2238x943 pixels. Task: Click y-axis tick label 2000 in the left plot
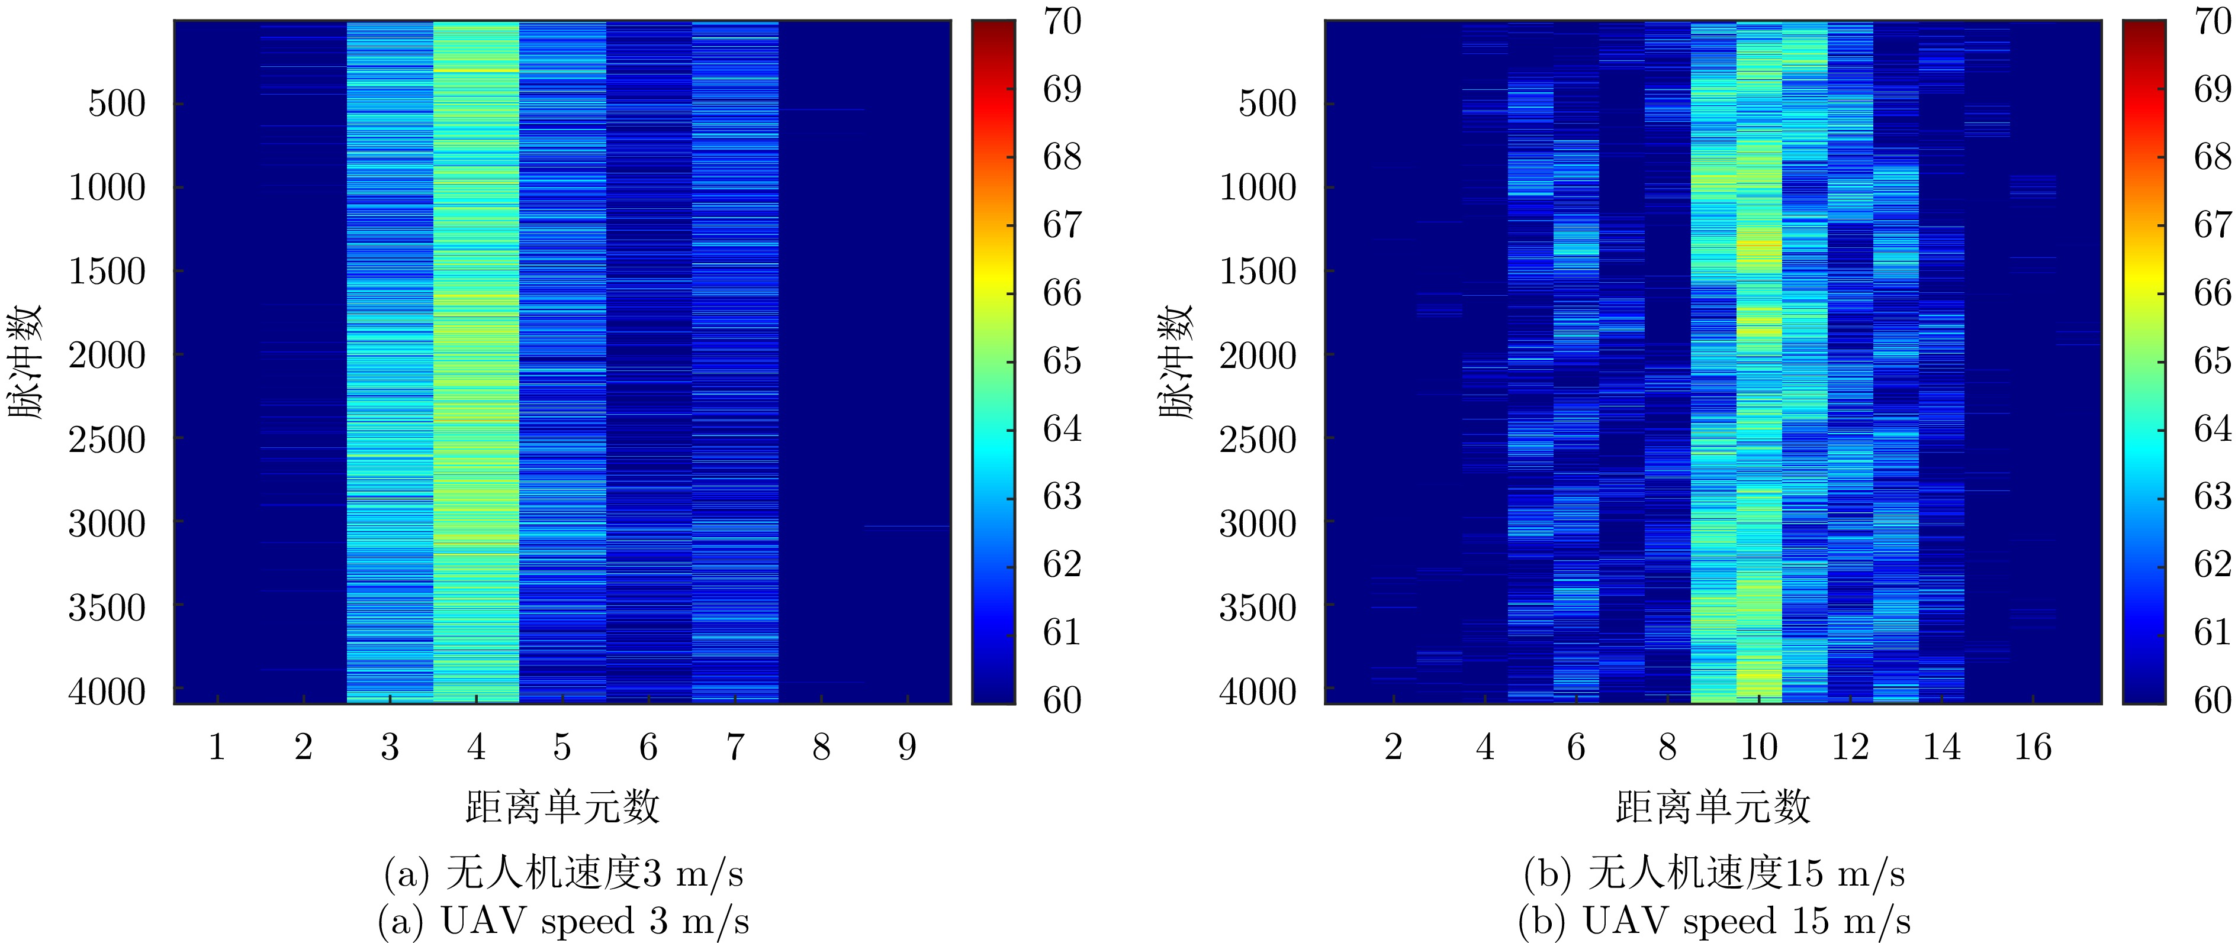[107, 355]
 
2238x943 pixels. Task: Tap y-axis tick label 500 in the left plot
[117, 104]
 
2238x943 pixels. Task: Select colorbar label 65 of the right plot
[2212, 360]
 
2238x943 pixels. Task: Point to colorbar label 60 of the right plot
[2212, 700]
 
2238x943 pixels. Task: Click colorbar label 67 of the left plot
[1062, 225]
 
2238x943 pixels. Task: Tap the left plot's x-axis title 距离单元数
[562, 807]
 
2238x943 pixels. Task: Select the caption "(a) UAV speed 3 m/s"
[563, 921]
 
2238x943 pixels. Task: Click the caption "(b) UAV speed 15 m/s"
[1713, 921]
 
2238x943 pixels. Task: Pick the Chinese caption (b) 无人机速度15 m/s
[1713, 874]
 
